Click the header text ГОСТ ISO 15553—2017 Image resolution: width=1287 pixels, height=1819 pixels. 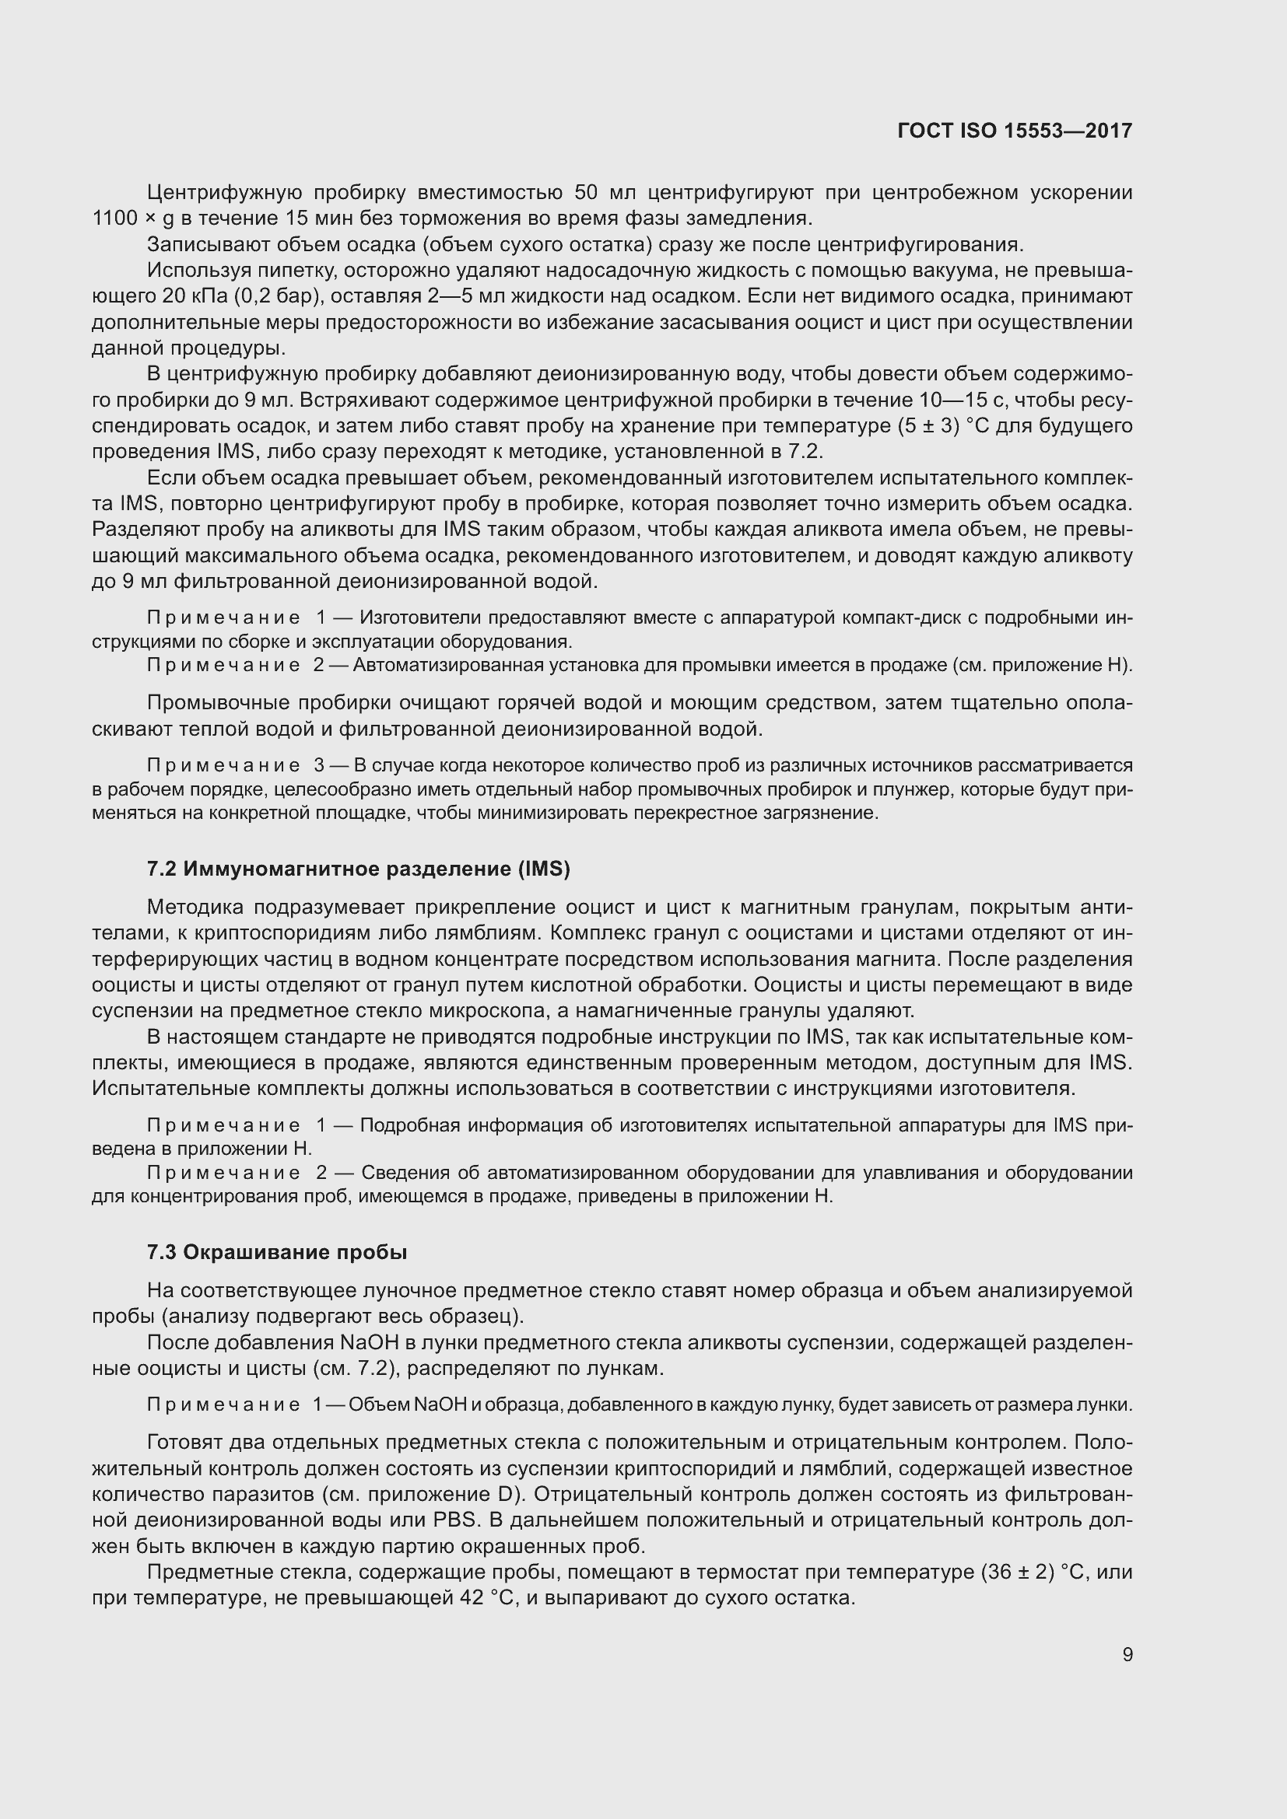pos(1015,131)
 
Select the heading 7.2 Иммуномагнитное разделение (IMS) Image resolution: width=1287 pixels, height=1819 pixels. pos(358,869)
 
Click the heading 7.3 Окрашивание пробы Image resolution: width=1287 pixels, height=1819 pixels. pos(276,1252)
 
